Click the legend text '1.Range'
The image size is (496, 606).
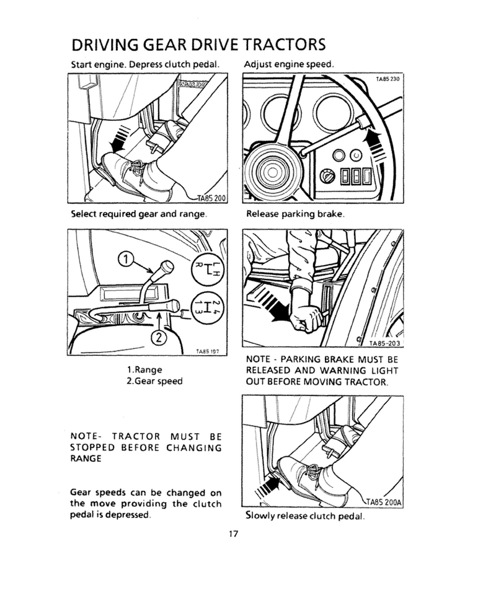(144, 370)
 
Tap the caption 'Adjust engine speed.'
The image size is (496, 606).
(290, 64)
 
